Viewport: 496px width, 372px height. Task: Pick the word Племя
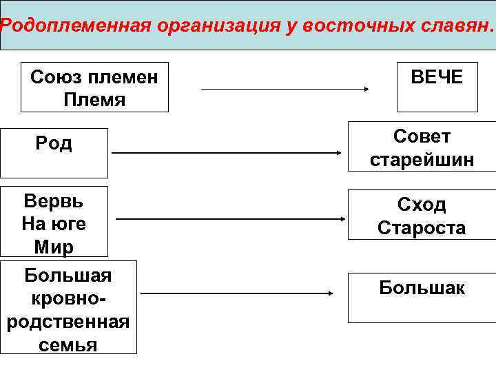coord(94,99)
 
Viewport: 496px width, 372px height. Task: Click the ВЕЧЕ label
coord(437,76)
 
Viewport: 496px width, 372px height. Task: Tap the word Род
coord(54,144)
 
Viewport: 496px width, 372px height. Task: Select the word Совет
coord(422,136)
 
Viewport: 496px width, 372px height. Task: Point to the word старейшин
coord(422,160)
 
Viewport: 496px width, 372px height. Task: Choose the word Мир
coord(54,247)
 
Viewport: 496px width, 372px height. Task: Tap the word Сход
coord(422,204)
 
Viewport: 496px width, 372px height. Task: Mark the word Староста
coord(422,228)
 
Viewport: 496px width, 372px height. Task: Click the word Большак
coord(422,287)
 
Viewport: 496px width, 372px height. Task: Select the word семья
coord(68,344)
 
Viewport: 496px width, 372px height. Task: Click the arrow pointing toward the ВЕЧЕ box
coord(286,89)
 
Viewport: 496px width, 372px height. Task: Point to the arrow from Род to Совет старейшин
coord(227,153)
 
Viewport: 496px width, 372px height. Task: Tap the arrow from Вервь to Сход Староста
coord(231,219)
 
